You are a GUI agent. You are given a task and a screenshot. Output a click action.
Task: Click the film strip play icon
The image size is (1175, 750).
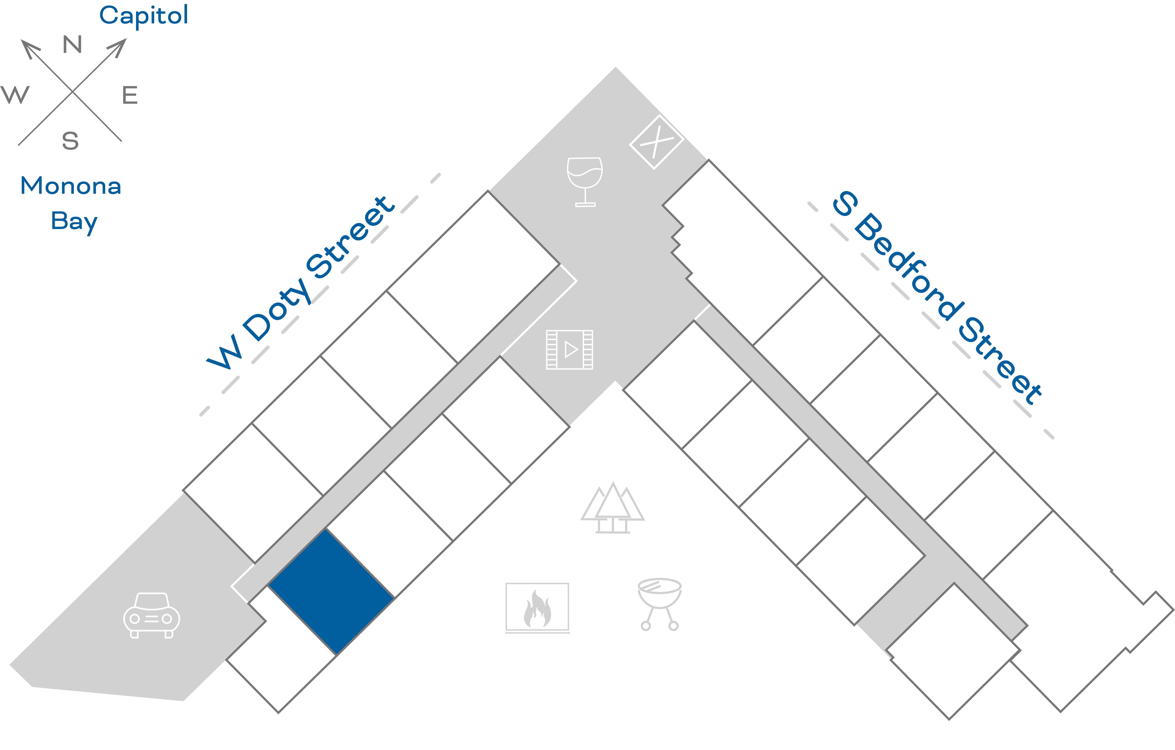point(569,349)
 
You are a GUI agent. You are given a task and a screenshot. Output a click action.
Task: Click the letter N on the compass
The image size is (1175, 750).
point(72,45)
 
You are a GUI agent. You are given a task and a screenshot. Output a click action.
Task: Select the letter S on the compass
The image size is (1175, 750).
point(70,141)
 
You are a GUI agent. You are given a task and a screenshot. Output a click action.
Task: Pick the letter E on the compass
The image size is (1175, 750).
point(130,95)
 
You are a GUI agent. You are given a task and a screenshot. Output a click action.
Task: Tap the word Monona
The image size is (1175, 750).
point(71,186)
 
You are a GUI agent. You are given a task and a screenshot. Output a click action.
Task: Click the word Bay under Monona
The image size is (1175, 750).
point(74,222)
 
